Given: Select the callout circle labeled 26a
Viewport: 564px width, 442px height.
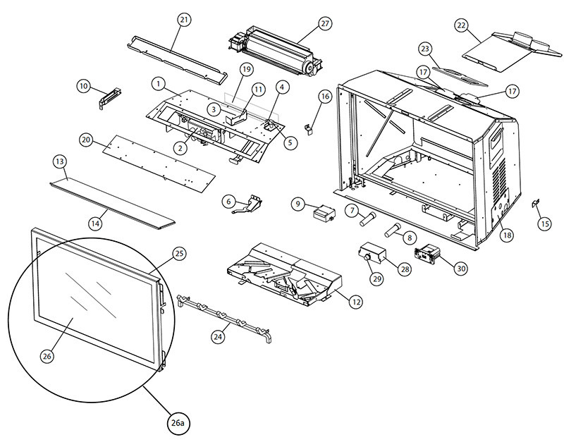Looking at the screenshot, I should tap(178, 424).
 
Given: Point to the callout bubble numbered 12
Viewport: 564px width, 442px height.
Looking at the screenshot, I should tap(356, 301).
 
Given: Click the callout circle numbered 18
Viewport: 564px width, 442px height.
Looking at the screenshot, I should tap(505, 235).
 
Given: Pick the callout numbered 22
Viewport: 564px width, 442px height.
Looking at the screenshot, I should tap(461, 25).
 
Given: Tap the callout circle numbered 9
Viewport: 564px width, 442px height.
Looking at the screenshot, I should tap(299, 204).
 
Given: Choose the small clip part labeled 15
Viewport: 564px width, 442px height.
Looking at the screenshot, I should tap(534, 204).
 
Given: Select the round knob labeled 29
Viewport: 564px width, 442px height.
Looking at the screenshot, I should tap(367, 260).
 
